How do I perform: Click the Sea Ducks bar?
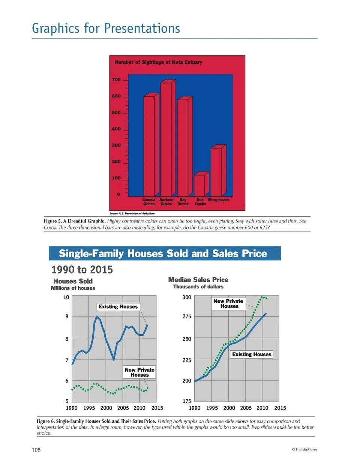pyautogui.click(x=199, y=185)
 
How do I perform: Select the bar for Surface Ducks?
pyautogui.click(x=166, y=139)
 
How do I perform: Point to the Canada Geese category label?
pyautogui.click(x=149, y=202)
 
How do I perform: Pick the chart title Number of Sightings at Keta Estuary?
pyautogui.click(x=158, y=62)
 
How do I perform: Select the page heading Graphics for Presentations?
pyautogui.click(x=106, y=29)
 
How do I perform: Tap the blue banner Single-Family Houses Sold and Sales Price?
pyautogui.click(x=165, y=254)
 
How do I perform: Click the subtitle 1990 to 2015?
pyautogui.click(x=82, y=270)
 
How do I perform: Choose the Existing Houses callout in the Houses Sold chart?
pyautogui.click(x=118, y=307)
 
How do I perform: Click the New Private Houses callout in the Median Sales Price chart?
pyautogui.click(x=228, y=304)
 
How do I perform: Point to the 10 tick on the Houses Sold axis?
pyautogui.click(x=66, y=297)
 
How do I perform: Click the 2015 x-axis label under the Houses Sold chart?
pyautogui.click(x=157, y=408)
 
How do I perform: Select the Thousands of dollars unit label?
pyautogui.click(x=198, y=287)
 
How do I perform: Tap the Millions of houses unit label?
pyautogui.click(x=73, y=288)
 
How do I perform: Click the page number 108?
pyautogui.click(x=35, y=450)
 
